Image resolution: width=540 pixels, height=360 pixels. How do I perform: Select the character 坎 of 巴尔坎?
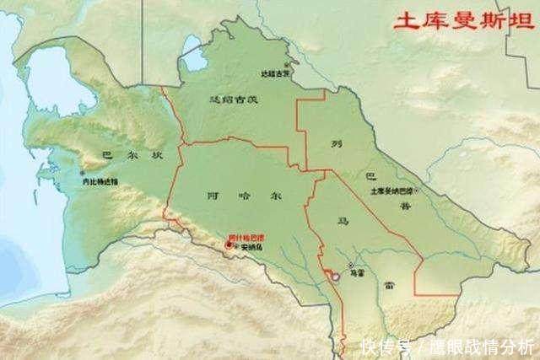click(x=154, y=154)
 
